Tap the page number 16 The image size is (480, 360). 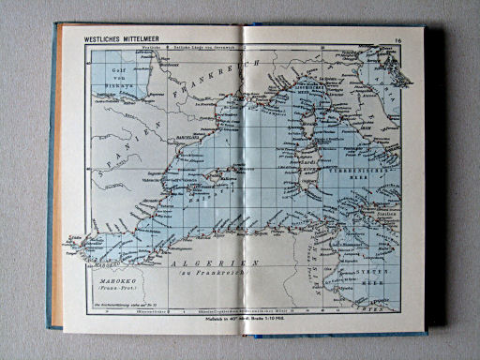point(397,39)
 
